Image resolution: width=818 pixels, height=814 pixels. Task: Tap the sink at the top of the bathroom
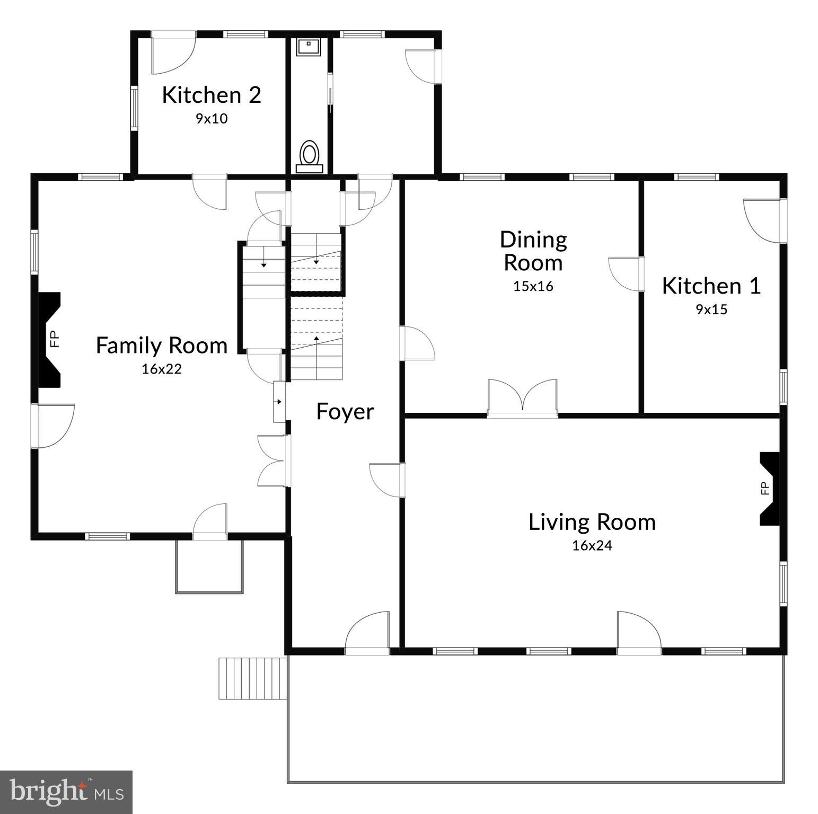pos(308,47)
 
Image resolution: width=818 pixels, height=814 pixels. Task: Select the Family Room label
pos(162,346)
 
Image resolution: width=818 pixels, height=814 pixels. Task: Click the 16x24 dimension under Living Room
pos(592,545)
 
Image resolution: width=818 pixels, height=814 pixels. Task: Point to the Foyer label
pos(345,412)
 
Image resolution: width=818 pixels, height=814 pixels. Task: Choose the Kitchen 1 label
pos(711,286)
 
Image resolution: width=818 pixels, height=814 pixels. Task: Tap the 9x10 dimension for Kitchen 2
pos(212,118)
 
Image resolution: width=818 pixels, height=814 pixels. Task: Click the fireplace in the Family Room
pos(50,339)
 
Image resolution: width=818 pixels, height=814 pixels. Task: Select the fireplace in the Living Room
pos(769,488)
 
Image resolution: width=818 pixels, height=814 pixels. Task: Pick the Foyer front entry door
pos(367,633)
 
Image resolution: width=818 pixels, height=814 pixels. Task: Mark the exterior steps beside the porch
pos(252,678)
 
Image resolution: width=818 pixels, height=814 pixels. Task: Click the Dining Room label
pos(533,251)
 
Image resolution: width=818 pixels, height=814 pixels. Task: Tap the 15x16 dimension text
pos(533,286)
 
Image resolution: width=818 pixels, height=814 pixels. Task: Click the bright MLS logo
pos(66,792)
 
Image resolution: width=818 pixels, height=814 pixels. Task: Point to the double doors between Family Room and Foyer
pos(274,461)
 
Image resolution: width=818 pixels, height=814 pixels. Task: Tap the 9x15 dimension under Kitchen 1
pos(711,309)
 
